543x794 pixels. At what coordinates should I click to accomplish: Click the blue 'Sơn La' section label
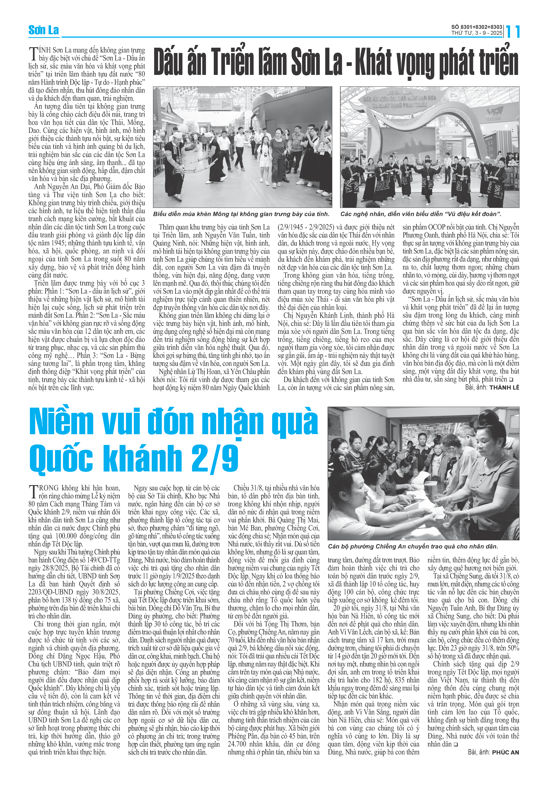click(x=43, y=30)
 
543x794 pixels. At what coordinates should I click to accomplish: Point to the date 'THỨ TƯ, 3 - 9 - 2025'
click(x=476, y=33)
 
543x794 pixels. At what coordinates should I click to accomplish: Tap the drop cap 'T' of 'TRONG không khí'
click(x=33, y=492)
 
